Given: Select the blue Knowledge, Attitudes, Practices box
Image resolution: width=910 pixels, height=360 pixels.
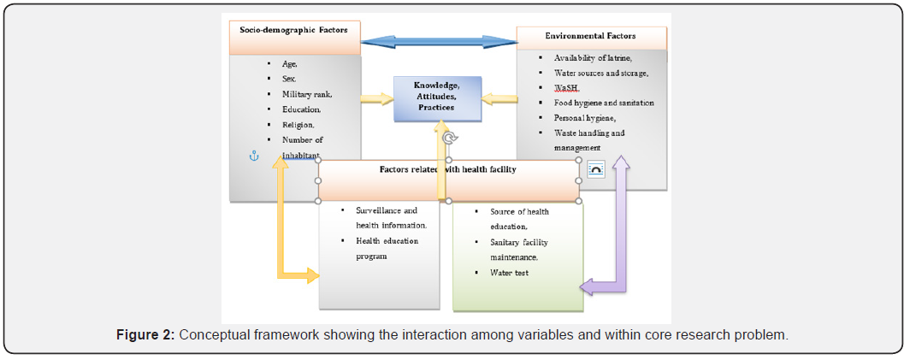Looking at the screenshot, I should click(x=436, y=97).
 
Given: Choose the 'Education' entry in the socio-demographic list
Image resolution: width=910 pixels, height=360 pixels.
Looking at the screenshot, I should click(x=301, y=109).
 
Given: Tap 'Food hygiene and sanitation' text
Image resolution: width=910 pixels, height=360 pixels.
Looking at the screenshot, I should click(x=603, y=103).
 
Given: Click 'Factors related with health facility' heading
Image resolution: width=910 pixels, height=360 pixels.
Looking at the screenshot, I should click(x=447, y=169).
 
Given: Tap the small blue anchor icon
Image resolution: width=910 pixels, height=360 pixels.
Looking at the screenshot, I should click(x=253, y=156).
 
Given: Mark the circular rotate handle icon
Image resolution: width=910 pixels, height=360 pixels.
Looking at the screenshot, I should click(x=450, y=138).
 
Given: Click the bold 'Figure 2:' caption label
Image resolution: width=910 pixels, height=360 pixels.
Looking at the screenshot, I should click(x=145, y=334).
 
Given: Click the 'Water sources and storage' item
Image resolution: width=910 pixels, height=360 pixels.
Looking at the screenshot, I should click(x=600, y=74).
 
